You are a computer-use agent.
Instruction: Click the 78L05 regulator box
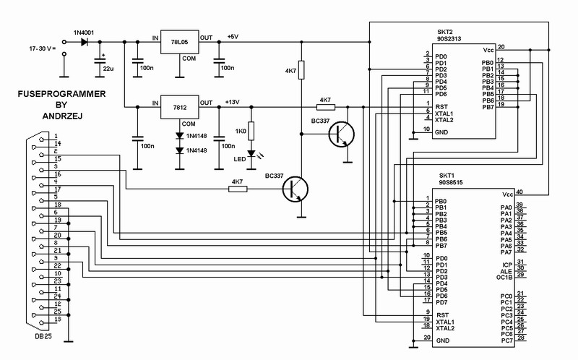point(179,42)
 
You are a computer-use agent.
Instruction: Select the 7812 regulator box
point(179,107)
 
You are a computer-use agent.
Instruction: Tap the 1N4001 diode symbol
point(85,42)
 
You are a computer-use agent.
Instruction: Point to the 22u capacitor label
point(108,69)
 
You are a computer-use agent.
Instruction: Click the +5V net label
point(233,37)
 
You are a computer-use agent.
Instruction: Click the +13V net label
point(232,102)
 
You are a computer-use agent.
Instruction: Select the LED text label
point(240,159)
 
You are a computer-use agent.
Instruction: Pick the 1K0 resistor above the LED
point(251,131)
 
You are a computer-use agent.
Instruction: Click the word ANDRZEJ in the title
point(62,116)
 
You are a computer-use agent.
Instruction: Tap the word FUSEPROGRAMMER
point(61,94)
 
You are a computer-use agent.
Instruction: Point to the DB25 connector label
point(43,336)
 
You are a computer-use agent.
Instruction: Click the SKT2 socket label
point(445,32)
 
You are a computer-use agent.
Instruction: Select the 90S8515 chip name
point(450,182)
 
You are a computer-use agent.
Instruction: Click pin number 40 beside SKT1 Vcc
point(519,192)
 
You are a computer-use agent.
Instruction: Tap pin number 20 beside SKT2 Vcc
point(501,47)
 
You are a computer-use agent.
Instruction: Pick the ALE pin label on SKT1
point(506,272)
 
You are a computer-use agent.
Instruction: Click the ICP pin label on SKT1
point(507,265)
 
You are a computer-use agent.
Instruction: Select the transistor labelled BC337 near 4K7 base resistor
point(296,189)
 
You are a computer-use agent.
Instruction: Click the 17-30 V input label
point(43,48)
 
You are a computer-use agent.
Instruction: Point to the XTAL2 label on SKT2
point(444,120)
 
